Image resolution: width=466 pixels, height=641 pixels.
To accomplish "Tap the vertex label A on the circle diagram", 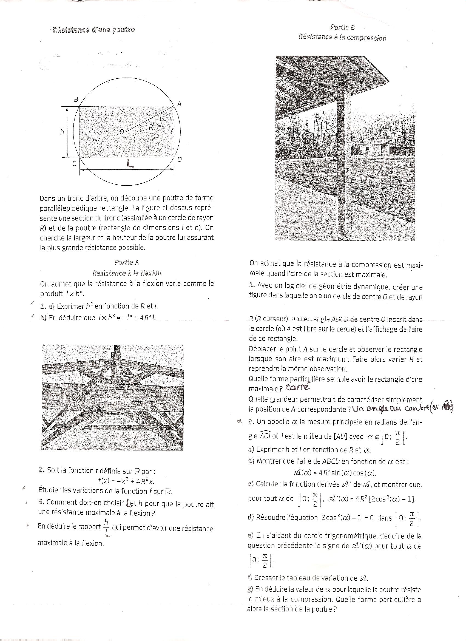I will pyautogui.click(x=179, y=104).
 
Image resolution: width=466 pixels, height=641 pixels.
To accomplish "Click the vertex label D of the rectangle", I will pyautogui.click(x=180, y=160).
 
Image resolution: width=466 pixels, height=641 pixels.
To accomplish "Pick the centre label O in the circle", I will pyautogui.click(x=121, y=131).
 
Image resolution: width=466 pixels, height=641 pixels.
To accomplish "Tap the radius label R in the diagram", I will pyautogui.click(x=151, y=127).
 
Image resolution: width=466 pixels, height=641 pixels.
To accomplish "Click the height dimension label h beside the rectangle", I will pyautogui.click(x=62, y=132).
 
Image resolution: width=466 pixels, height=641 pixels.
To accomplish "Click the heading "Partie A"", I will pyautogui.click(x=127, y=262).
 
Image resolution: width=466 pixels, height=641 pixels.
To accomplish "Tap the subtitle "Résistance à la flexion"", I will pyautogui.click(x=127, y=273).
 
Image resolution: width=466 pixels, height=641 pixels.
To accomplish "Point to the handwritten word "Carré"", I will pyautogui.click(x=298, y=387).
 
